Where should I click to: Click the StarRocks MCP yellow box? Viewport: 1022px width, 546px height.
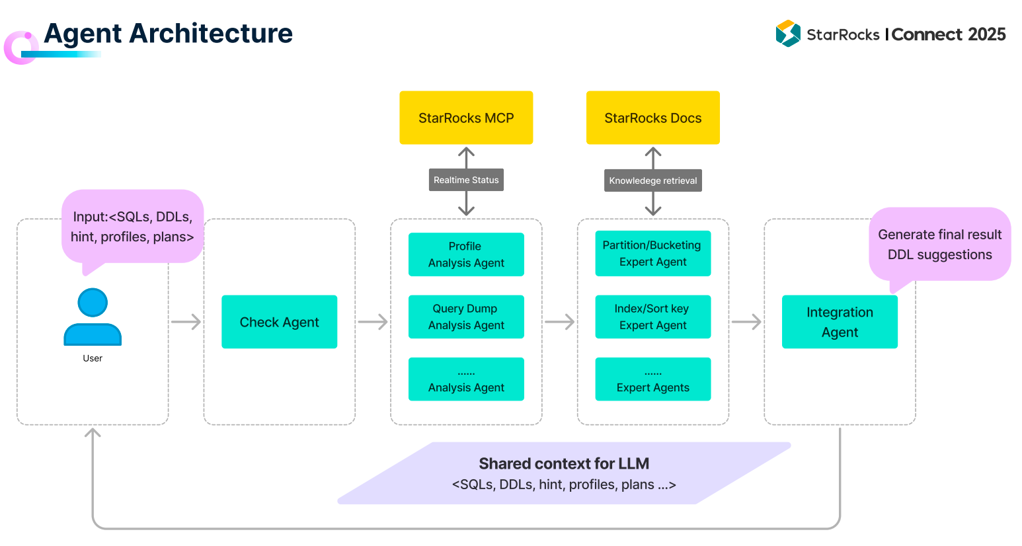[x=466, y=118]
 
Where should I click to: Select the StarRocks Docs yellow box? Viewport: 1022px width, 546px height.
[x=653, y=118]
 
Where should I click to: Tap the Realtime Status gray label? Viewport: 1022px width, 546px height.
[x=466, y=180]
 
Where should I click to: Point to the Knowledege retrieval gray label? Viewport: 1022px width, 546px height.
[x=653, y=180]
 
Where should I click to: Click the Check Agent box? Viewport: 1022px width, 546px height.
[x=279, y=321]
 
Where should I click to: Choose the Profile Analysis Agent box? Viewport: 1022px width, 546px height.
[x=466, y=254]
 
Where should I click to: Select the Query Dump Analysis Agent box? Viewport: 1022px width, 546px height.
[x=466, y=317]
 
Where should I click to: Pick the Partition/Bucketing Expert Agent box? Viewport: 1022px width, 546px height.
[x=653, y=253]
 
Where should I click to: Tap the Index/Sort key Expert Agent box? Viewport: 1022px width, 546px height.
[x=653, y=317]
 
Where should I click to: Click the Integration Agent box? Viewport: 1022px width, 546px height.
[x=840, y=321]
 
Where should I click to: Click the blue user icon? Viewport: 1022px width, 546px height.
[x=93, y=317]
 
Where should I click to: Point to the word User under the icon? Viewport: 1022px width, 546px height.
[x=93, y=358]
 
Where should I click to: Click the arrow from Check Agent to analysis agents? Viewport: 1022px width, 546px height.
[x=373, y=321]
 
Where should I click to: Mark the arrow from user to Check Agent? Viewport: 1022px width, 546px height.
[x=186, y=321]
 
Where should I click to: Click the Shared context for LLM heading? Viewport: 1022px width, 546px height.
[x=564, y=463]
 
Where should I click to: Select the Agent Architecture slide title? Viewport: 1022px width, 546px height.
[x=169, y=33]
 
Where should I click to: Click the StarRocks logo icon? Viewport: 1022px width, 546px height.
[x=788, y=33]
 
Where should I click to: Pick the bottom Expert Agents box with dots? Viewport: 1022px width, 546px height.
[x=653, y=379]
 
